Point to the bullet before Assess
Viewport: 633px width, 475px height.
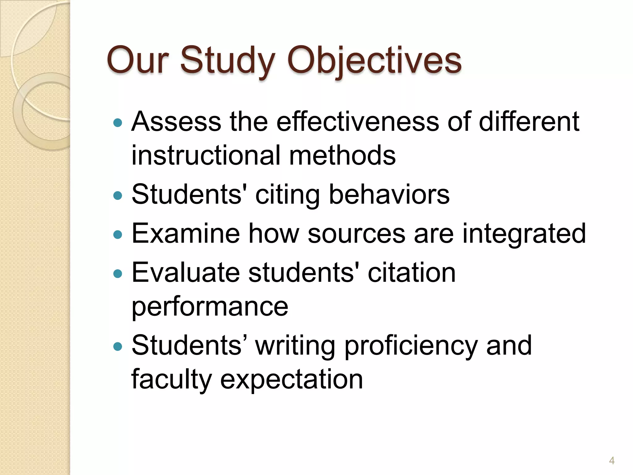tap(118, 123)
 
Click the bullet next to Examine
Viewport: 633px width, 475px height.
tap(118, 235)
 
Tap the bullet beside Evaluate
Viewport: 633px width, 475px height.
tap(118, 274)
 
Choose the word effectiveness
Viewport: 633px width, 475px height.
tap(358, 122)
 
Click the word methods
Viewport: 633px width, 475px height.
tap(342, 155)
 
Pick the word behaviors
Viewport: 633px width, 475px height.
tap(389, 195)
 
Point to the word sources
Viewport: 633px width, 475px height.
tap(356, 234)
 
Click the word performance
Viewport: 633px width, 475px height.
tap(210, 307)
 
